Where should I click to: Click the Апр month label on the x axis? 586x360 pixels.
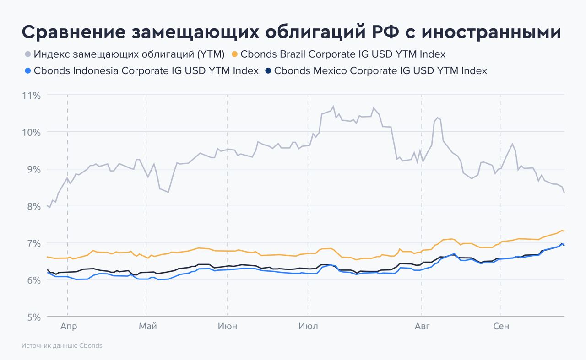(68, 326)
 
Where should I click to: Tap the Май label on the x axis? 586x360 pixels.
(147, 326)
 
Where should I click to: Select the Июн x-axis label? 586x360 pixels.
(228, 326)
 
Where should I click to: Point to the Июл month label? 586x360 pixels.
(308, 326)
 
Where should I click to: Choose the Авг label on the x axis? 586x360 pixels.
(422, 326)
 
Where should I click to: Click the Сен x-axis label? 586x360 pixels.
(501, 326)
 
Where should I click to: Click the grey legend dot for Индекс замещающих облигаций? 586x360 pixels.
(27, 54)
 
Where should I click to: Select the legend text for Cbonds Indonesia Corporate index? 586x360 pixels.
(146, 71)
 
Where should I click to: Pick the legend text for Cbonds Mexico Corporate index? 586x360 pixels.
(380, 71)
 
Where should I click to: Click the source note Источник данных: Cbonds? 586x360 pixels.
(62, 346)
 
